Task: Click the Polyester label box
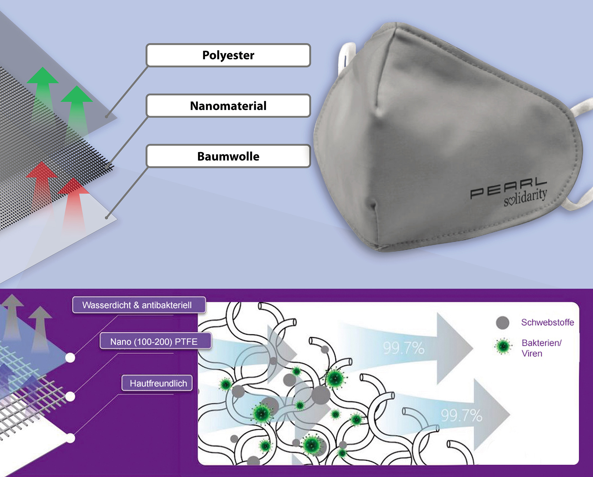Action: pyautogui.click(x=228, y=55)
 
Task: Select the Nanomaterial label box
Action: pyautogui.click(x=228, y=106)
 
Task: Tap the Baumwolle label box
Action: pyautogui.click(x=228, y=156)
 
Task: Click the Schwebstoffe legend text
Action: pyautogui.click(x=547, y=322)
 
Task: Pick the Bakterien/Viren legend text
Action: pyautogui.click(x=541, y=348)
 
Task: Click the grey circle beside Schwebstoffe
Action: pyautogui.click(x=503, y=323)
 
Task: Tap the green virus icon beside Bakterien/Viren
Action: pyautogui.click(x=503, y=346)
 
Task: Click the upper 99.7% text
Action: pyautogui.click(x=404, y=348)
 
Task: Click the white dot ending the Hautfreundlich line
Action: pyautogui.click(x=71, y=438)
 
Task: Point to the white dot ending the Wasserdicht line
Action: pyautogui.click(x=70, y=358)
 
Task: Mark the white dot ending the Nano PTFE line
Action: pyautogui.click(x=71, y=396)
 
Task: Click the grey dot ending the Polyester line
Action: pyautogui.click(x=106, y=117)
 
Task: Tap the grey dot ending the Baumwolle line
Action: pyautogui.click(x=106, y=218)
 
